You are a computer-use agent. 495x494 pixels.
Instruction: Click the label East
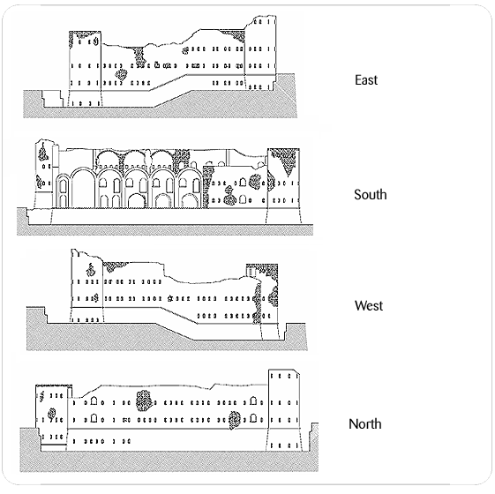[366, 80]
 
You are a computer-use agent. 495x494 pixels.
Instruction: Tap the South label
[370, 194]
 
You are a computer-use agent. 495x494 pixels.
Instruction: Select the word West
[369, 305]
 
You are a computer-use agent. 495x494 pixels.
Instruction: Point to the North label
[365, 424]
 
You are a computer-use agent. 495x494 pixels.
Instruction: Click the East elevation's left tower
[85, 69]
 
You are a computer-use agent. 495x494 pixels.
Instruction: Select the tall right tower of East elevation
[260, 53]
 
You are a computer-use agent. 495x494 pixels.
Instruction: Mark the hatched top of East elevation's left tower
[85, 34]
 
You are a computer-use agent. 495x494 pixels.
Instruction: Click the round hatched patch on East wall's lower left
[121, 74]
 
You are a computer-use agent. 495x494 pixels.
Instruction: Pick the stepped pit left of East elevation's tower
[53, 99]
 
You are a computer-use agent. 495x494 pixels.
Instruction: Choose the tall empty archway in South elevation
[83, 188]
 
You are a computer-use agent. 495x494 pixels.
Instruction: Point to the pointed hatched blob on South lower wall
[229, 196]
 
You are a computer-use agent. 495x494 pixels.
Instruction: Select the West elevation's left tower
[87, 286]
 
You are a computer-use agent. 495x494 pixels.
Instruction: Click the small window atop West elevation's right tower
[251, 272]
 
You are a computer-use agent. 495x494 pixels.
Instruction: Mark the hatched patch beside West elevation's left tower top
[114, 266]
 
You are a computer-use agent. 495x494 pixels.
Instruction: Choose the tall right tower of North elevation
[284, 410]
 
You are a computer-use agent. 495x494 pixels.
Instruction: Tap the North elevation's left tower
[51, 417]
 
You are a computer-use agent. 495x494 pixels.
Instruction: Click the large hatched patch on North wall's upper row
[144, 400]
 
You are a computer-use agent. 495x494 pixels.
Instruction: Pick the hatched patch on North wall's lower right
[234, 420]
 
